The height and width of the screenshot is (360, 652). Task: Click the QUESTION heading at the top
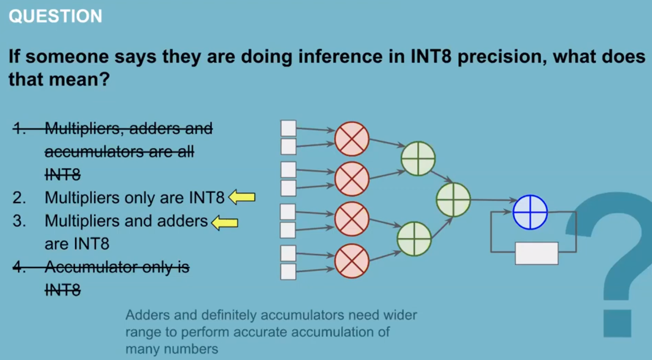pos(55,16)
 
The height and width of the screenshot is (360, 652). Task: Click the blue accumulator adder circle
pos(530,212)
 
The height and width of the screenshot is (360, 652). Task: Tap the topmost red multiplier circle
pos(352,139)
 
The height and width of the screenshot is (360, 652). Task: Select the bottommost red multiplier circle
pos(352,261)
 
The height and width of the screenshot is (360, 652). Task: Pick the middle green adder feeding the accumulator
pos(453,200)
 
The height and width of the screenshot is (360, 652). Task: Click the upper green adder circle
pos(418,158)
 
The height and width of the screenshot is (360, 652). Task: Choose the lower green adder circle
pos(414,239)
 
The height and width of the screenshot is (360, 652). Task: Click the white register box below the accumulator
pos(537,253)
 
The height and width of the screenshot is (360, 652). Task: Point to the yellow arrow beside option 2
pos(242,197)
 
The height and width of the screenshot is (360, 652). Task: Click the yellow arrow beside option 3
pos(225,222)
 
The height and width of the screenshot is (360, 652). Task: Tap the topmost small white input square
pos(288,128)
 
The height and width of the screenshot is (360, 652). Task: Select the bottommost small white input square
pos(288,272)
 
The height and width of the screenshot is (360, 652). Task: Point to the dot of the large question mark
pos(617,323)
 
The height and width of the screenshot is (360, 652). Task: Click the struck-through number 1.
pos(18,129)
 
